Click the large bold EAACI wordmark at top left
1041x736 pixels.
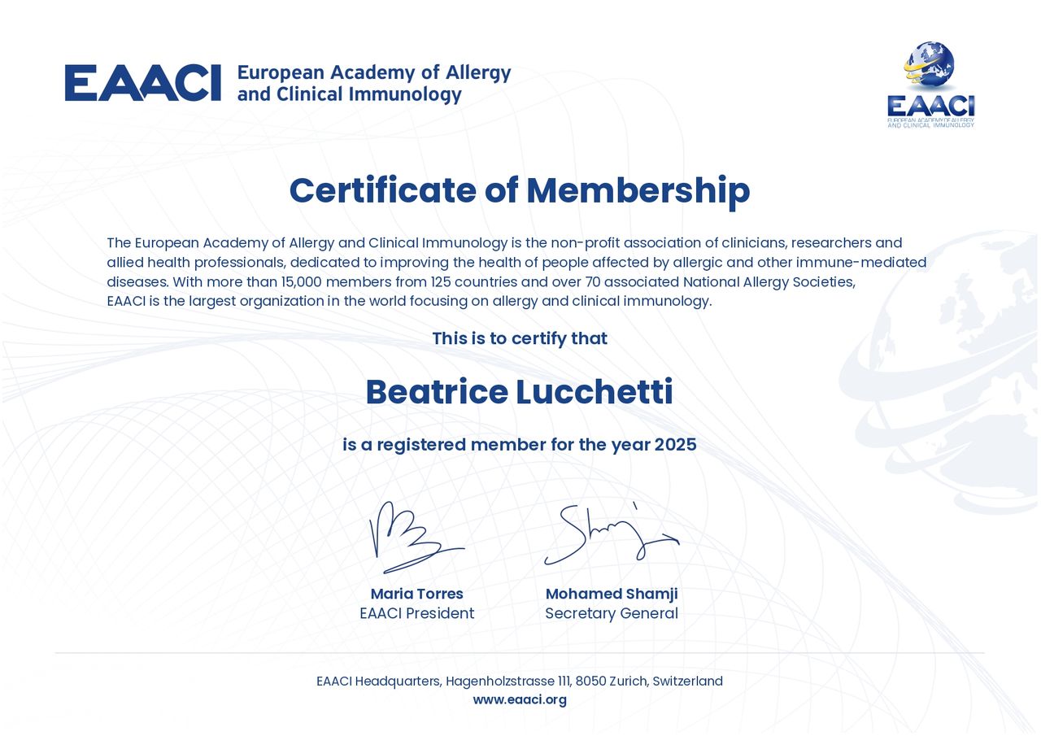point(142,83)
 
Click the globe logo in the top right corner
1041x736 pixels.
point(930,67)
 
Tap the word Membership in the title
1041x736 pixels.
point(638,190)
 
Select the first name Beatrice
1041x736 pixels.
point(437,392)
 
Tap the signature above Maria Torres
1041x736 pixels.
point(414,537)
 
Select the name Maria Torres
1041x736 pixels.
point(416,594)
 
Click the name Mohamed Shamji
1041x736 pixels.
point(612,594)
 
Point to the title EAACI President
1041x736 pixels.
point(416,613)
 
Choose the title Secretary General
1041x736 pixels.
point(612,613)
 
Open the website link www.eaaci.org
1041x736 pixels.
point(520,699)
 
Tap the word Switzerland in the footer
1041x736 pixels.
point(689,681)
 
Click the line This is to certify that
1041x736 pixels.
point(520,338)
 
